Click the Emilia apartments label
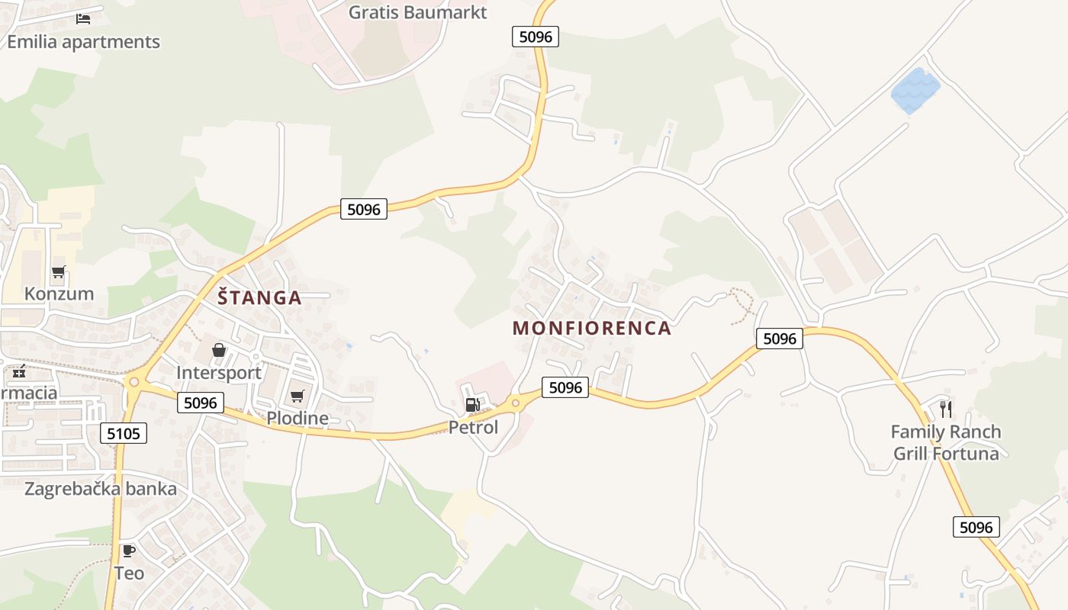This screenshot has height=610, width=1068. pyautogui.click(x=83, y=41)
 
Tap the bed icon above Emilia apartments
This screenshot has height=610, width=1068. pyautogui.click(x=83, y=18)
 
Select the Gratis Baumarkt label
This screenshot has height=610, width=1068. pyautogui.click(x=417, y=12)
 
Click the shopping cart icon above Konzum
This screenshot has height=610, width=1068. pyautogui.click(x=59, y=271)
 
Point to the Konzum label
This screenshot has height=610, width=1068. pyautogui.click(x=59, y=294)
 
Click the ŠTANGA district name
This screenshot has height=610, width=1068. pyautogui.click(x=259, y=297)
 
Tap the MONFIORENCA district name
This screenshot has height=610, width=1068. pyautogui.click(x=592, y=329)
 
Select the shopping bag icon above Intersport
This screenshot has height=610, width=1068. pyautogui.click(x=219, y=350)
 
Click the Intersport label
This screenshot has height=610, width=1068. pyautogui.click(x=219, y=373)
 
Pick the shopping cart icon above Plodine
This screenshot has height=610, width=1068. pyautogui.click(x=298, y=396)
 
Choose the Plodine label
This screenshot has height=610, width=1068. pyautogui.click(x=298, y=418)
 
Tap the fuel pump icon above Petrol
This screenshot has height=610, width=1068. pyautogui.click(x=473, y=404)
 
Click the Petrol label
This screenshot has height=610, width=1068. pyautogui.click(x=473, y=427)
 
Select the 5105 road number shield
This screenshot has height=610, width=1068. pyautogui.click(x=124, y=434)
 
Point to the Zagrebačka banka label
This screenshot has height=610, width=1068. pyautogui.click(x=101, y=489)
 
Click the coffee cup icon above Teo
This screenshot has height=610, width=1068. pyautogui.click(x=129, y=550)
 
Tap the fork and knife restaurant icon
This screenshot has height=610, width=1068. pyautogui.click(x=946, y=409)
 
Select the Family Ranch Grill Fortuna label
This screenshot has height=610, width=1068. pyautogui.click(x=946, y=442)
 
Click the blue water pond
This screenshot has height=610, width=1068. pyautogui.click(x=915, y=90)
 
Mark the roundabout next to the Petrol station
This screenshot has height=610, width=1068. pyautogui.click(x=516, y=402)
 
